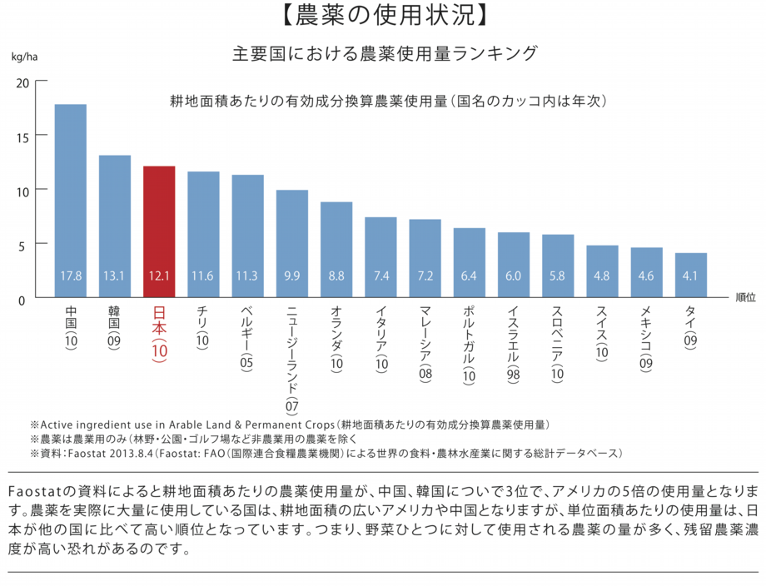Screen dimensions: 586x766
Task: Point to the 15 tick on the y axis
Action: click(x=22, y=137)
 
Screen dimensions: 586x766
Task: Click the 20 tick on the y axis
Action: click(x=22, y=82)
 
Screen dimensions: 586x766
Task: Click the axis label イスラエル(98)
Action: click(x=513, y=344)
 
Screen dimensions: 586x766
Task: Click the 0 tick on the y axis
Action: click(x=22, y=298)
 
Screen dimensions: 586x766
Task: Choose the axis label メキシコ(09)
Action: click(x=646, y=336)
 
